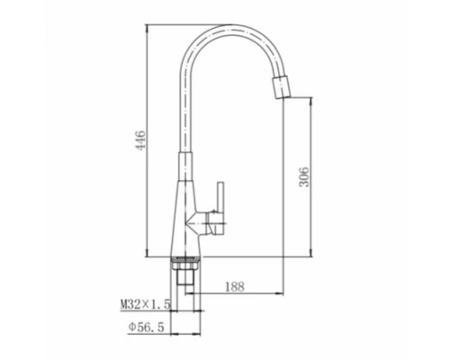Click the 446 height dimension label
pos(140,140)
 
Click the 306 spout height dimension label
pos(304,177)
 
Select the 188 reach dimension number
pos(235,287)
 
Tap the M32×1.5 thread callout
pos(146,305)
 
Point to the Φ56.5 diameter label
pos(147,327)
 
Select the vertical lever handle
pos(221,208)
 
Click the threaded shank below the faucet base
pos(185,277)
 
